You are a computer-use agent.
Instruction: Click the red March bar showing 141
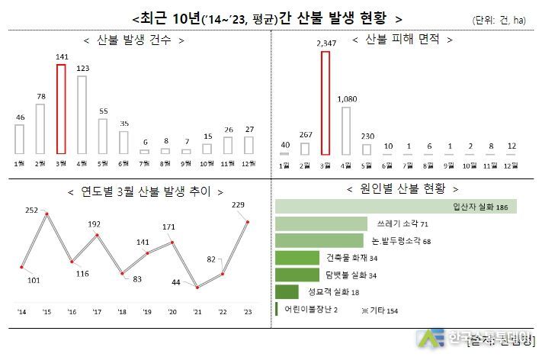(x=62, y=109)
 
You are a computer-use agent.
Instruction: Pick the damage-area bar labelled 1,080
(x=346, y=130)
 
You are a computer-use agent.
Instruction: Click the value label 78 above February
(x=40, y=96)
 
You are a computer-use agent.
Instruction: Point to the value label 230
(x=367, y=136)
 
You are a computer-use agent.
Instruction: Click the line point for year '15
(x=47, y=214)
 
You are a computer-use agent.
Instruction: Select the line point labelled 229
(x=247, y=222)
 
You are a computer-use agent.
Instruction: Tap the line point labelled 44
(x=197, y=288)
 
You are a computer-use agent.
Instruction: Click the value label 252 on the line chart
(x=31, y=209)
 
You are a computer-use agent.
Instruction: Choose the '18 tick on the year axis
(x=121, y=311)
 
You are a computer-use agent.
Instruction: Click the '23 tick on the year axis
(x=246, y=311)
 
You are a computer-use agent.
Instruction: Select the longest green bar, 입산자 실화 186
(x=396, y=207)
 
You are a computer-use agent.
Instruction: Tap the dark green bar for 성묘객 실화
(x=287, y=291)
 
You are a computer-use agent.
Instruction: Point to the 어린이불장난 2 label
(x=311, y=309)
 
